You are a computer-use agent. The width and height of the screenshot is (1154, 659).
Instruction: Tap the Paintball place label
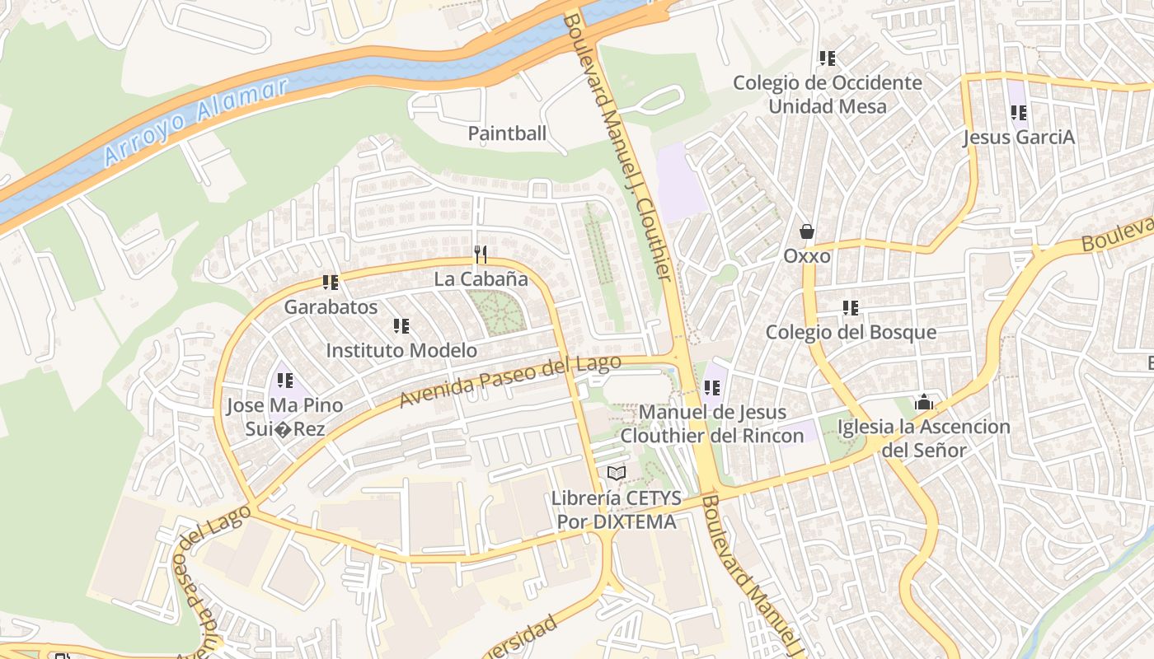click(507, 133)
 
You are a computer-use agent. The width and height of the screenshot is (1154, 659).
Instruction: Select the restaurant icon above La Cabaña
click(481, 255)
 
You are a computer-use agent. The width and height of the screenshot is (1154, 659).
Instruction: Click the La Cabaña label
click(481, 279)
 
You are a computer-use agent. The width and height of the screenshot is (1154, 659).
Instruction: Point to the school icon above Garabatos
click(331, 283)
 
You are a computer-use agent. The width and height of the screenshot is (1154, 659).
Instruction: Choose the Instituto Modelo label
click(401, 350)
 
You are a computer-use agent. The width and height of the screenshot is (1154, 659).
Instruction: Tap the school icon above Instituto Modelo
click(401, 326)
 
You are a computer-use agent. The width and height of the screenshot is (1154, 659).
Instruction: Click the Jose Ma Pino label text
click(285, 406)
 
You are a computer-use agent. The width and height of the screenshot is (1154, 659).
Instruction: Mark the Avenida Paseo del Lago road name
click(510, 381)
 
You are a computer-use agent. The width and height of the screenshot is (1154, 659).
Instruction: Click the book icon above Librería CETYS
click(617, 473)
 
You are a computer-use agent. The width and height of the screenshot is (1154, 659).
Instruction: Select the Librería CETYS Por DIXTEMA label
click(617, 510)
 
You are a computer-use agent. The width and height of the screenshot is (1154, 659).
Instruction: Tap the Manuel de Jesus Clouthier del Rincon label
click(712, 424)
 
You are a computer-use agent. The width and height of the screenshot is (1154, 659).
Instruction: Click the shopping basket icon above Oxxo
click(807, 231)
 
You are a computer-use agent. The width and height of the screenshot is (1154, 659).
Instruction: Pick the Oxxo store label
click(807, 256)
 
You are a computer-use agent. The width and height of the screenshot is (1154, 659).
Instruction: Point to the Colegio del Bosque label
click(851, 332)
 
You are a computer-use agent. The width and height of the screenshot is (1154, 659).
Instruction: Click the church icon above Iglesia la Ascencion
click(924, 403)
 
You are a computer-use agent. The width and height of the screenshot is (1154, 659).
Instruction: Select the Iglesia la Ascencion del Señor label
click(924, 438)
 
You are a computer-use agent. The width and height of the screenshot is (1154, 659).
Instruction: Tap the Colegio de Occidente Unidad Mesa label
click(828, 95)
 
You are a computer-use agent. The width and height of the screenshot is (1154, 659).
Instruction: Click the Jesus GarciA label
click(1019, 137)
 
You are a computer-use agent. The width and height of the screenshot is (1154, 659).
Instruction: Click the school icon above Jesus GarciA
click(1019, 113)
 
